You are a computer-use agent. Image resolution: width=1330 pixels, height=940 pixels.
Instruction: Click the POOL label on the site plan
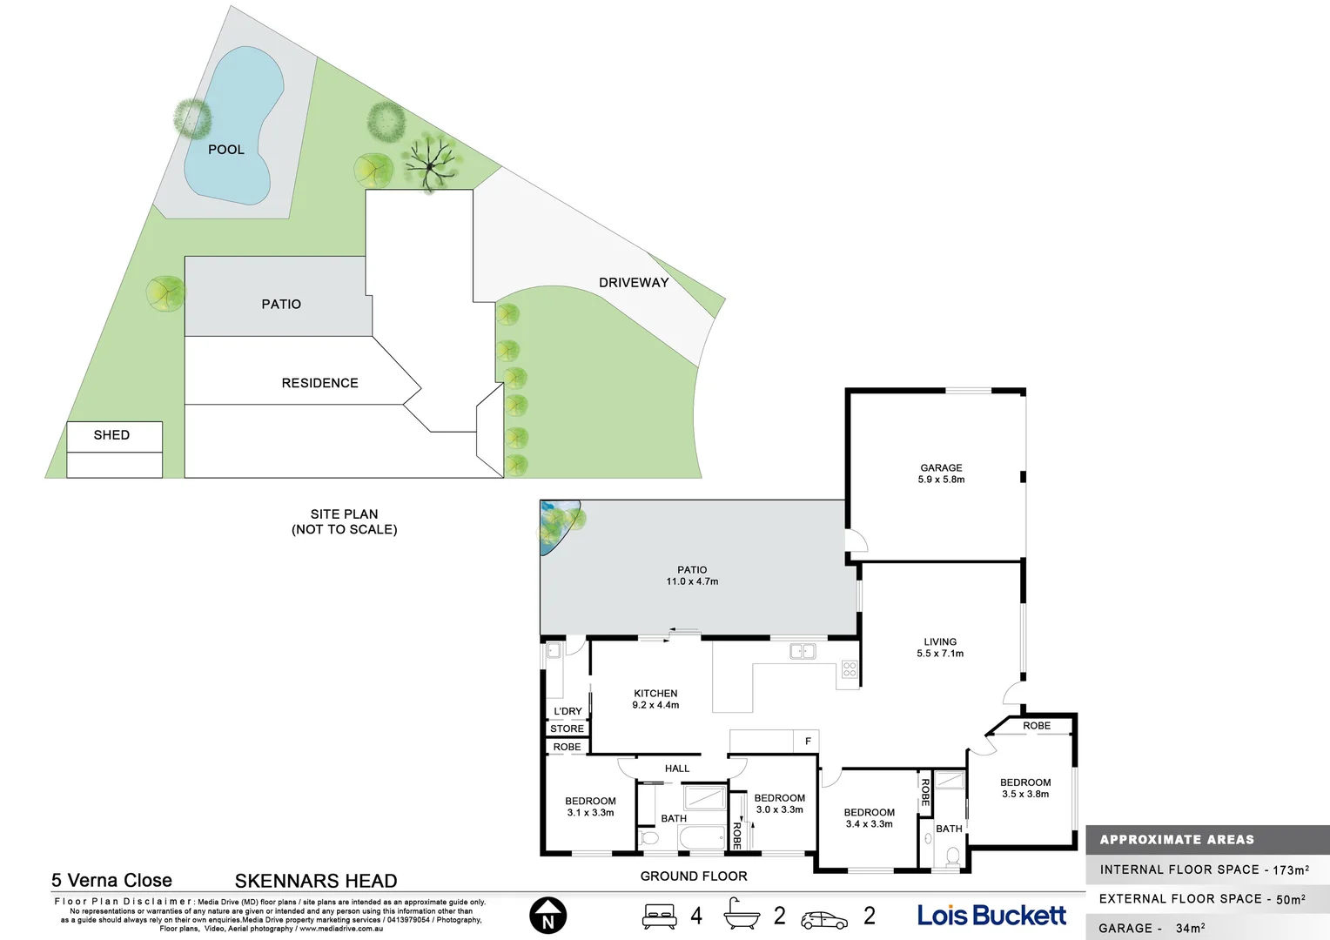225,150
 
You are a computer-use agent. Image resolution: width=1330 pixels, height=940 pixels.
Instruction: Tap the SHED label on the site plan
111,435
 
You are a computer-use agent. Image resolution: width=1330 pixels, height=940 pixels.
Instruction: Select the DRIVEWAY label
634,283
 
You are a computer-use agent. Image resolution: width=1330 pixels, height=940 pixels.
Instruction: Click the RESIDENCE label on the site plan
319,383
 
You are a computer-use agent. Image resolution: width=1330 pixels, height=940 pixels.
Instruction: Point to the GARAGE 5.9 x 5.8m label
941,473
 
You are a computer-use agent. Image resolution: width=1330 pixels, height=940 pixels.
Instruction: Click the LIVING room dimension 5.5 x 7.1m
940,654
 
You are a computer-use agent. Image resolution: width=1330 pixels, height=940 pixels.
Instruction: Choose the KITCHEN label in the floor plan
655,694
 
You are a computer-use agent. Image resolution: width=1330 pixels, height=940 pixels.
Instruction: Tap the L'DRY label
568,711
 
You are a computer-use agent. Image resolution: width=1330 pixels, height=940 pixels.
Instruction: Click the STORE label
567,729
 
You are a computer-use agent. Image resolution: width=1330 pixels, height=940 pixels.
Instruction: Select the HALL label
676,769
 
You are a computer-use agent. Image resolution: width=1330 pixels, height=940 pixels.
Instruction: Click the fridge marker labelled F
808,742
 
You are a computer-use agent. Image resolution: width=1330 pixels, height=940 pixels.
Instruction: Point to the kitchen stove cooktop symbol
850,669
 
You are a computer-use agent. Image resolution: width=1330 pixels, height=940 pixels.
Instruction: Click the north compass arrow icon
547,916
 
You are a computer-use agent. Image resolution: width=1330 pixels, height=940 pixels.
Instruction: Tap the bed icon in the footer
659,916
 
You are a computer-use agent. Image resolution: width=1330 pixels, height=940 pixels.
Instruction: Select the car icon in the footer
823,919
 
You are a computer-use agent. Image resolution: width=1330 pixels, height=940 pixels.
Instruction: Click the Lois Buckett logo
991,916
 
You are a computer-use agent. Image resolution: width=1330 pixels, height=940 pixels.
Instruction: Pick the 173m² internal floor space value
1290,869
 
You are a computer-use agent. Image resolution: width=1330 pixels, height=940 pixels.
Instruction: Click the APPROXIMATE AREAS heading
1177,840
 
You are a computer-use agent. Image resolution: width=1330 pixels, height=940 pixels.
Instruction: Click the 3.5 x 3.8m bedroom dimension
1025,795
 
